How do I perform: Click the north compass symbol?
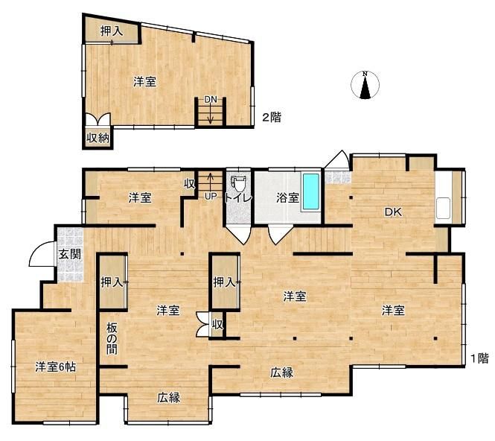coord(365,85)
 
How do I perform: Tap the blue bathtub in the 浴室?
coord(310,193)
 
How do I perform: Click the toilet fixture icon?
coord(238,183)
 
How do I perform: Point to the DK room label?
coord(393,212)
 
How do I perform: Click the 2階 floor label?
coord(271,117)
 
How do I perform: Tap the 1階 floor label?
coord(479,358)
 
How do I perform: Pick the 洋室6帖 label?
coord(56,367)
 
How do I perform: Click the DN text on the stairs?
coord(211,99)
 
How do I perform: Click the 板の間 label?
coord(112,338)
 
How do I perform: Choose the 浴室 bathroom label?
coord(287,198)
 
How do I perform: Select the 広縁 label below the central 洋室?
coord(281,372)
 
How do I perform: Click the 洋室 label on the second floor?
coord(144,82)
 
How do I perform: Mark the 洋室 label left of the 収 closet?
coord(139,197)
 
